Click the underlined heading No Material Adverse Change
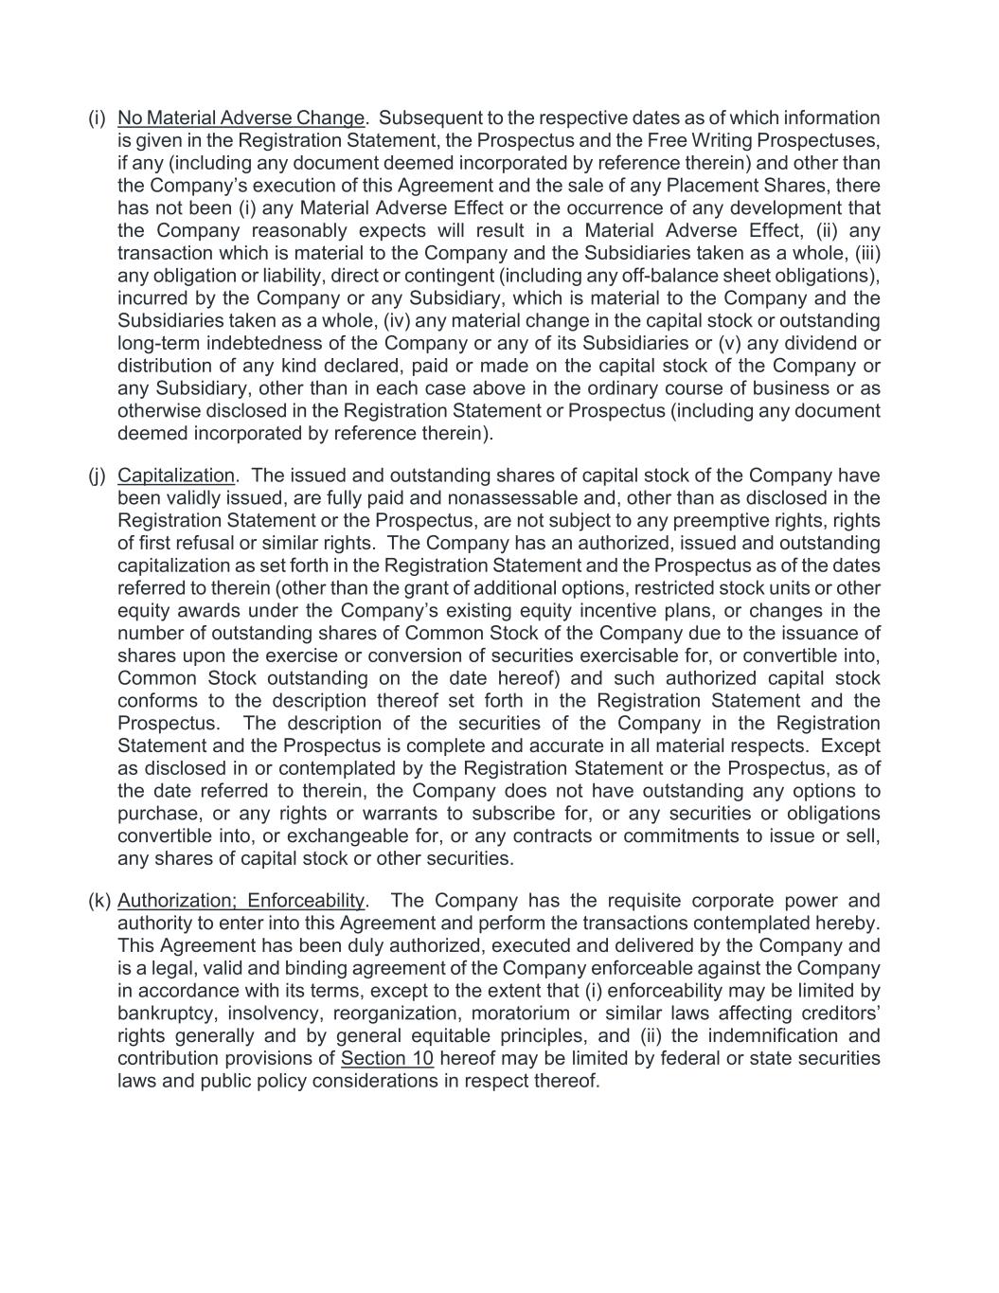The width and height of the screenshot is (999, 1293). (x=241, y=118)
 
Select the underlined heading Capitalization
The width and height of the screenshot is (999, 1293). (x=176, y=476)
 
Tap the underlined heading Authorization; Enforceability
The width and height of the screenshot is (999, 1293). (x=241, y=901)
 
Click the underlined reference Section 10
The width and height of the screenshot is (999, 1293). (x=387, y=1059)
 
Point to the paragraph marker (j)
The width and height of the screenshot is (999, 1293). (x=98, y=476)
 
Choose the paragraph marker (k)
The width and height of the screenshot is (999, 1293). (x=99, y=901)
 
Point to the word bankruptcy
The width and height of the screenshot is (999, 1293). (x=168, y=1014)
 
